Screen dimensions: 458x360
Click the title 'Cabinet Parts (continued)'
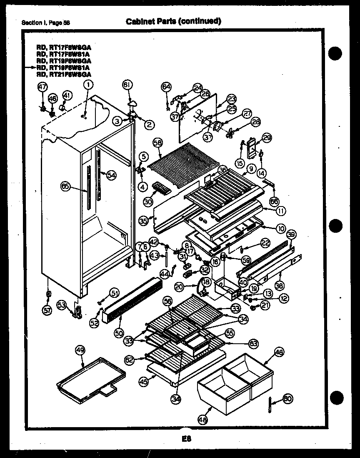coord(173,21)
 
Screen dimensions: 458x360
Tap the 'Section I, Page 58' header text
coord(46,23)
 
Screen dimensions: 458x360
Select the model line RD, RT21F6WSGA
coord(64,74)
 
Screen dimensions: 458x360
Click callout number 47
coord(42,87)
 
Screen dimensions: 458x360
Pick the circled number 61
coord(127,85)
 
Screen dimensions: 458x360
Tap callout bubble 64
coord(166,87)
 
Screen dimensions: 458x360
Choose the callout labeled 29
coord(267,138)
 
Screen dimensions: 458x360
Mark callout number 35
coord(143,221)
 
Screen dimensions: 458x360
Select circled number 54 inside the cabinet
coord(111,175)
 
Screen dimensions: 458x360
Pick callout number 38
coord(279,286)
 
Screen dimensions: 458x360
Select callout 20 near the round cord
coord(179,287)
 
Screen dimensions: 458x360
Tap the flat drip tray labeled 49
coord(90,376)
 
